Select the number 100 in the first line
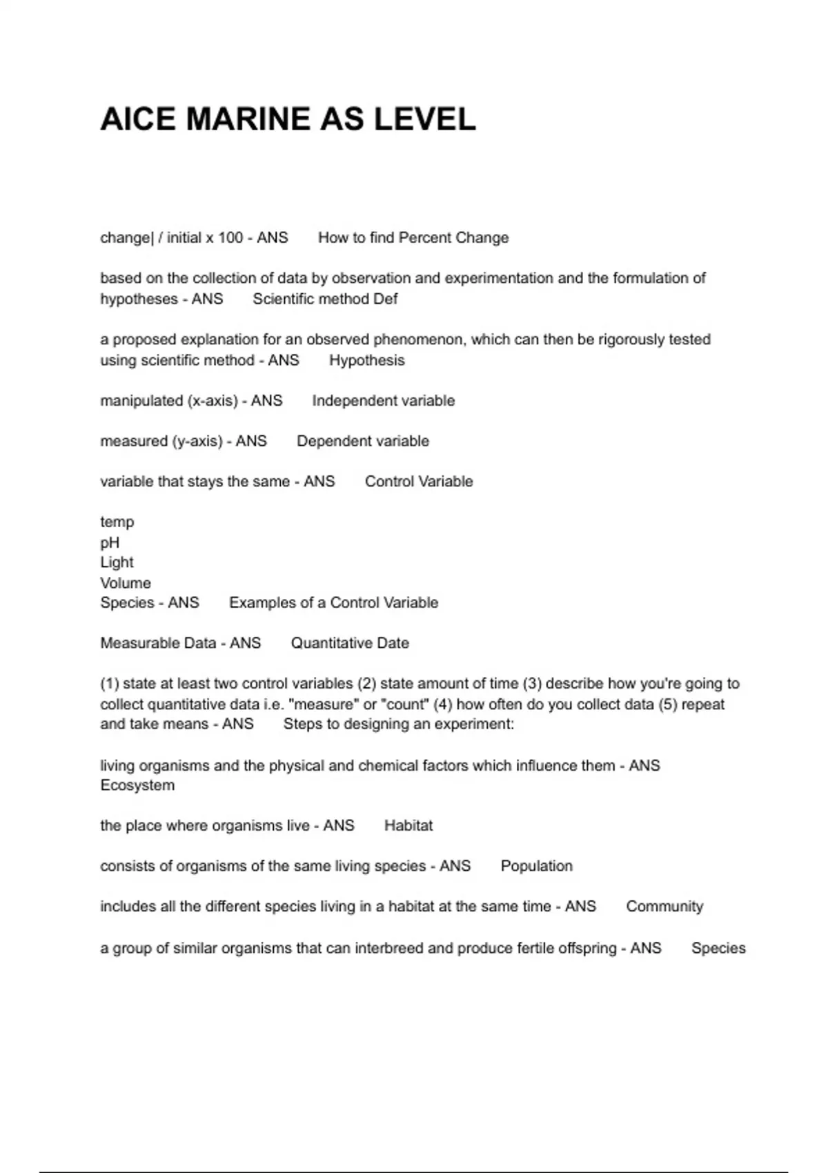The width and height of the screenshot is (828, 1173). [230, 238]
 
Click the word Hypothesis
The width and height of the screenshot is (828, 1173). [366, 360]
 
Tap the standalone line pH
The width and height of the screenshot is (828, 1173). [110, 543]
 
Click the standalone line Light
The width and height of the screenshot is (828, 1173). [117, 562]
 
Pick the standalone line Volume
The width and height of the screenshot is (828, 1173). [126, 583]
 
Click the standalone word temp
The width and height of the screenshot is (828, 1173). [117, 522]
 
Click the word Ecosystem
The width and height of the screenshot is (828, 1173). [137, 785]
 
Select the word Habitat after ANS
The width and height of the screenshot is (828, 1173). [408, 826]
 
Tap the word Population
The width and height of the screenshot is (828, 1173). [536, 866]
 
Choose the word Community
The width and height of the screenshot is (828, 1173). [664, 907]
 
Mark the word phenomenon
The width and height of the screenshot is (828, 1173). [419, 339]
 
